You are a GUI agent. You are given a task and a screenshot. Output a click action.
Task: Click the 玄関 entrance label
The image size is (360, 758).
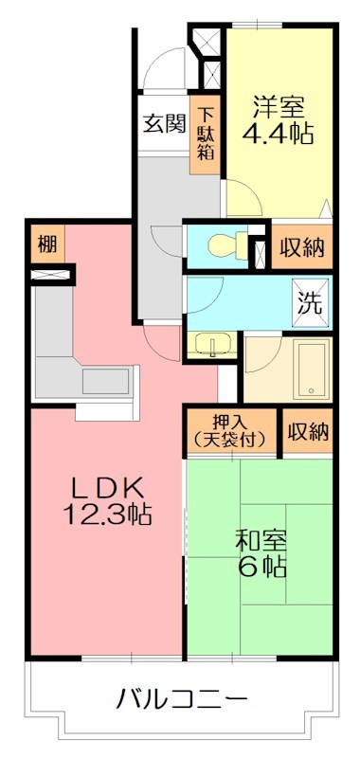click(164, 123)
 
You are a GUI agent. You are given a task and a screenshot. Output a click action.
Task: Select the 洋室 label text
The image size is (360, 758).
click(279, 102)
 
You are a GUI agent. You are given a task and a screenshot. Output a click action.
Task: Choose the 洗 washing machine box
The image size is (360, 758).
click(312, 304)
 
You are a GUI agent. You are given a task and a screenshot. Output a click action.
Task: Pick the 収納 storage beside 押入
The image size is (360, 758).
click(307, 432)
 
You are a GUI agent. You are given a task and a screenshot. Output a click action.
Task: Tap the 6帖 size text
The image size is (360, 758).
click(261, 568)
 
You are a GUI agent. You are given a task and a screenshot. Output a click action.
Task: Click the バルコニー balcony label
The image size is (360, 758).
click(182, 700)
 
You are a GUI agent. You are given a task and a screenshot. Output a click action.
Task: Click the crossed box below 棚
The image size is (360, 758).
click(51, 276)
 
